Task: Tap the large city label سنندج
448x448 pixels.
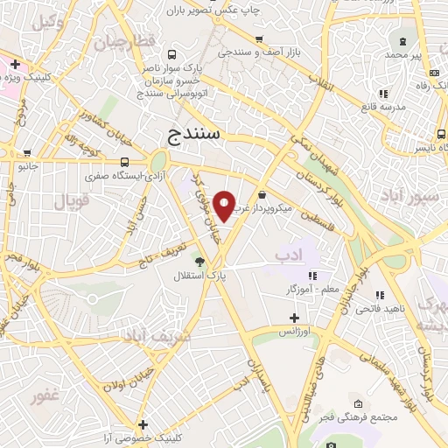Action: [197, 135]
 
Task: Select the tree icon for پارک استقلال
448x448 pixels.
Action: [199, 261]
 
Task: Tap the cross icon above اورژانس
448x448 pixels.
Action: [295, 318]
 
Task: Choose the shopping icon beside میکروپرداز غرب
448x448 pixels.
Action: [263, 196]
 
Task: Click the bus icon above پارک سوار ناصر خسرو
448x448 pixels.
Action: [169, 53]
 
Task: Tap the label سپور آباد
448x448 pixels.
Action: [415, 196]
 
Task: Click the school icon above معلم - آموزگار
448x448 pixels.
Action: [312, 276]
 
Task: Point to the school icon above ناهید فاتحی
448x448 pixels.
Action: [379, 296]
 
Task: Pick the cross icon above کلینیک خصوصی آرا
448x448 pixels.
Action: [142, 423]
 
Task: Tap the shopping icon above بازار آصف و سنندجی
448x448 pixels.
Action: [259, 39]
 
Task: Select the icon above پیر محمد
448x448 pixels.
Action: [402, 41]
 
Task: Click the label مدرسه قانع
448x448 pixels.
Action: [382, 107]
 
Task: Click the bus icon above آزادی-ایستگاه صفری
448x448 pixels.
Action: [125, 162]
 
